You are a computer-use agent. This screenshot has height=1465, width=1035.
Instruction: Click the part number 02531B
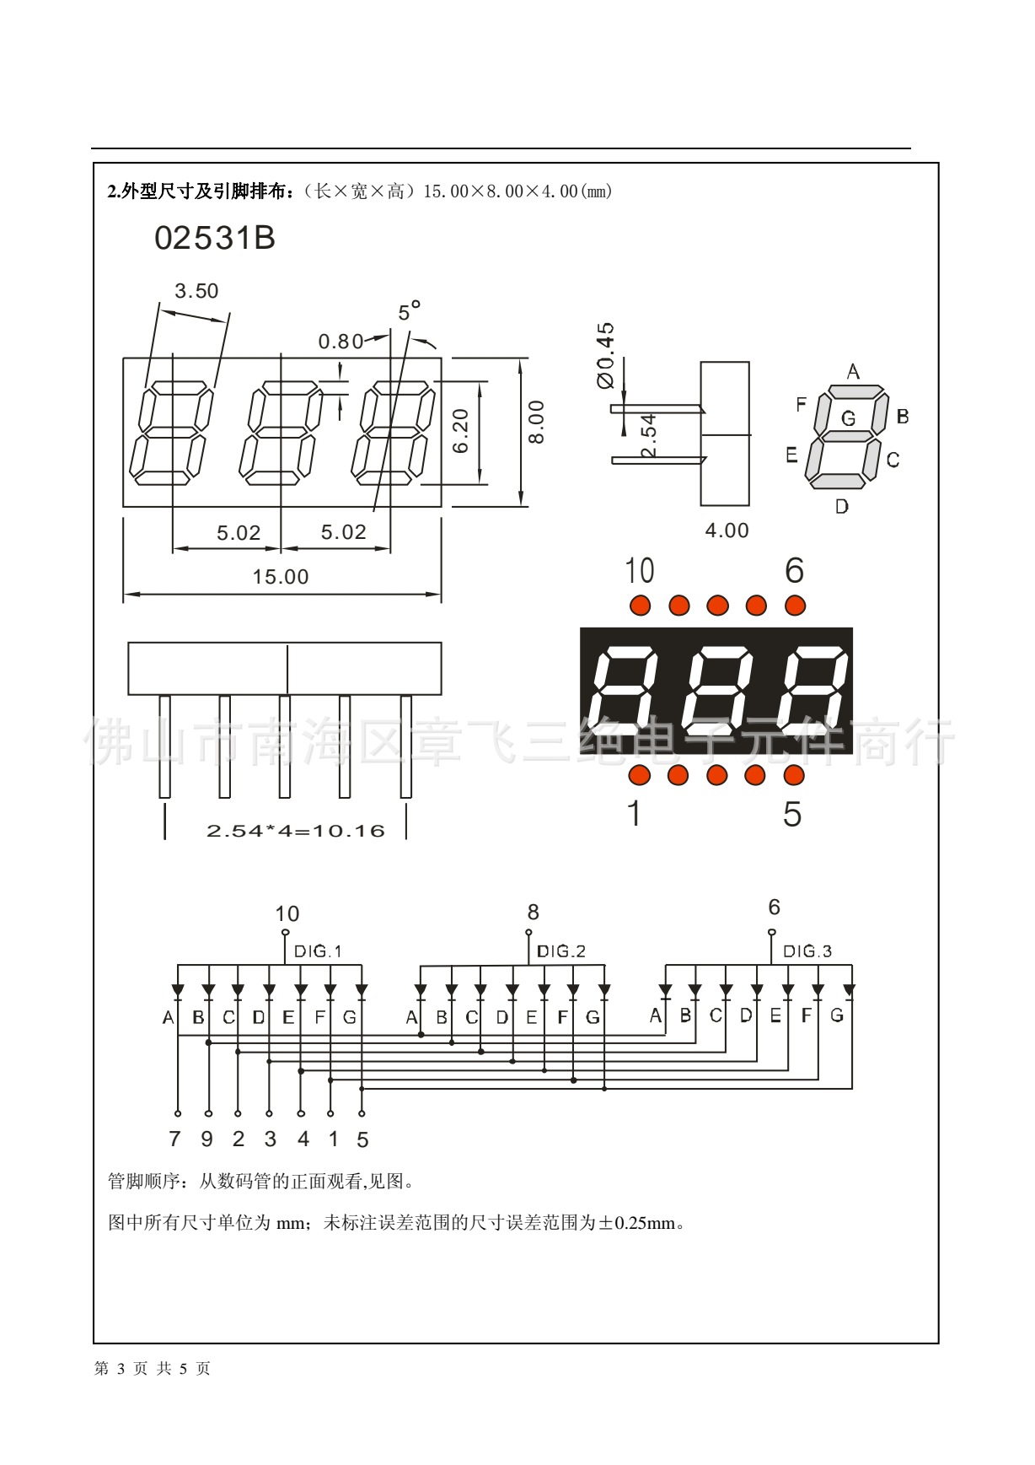[215, 239]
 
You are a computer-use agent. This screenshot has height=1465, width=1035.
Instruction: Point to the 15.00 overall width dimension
[281, 577]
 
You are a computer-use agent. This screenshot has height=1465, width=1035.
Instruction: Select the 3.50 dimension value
[196, 291]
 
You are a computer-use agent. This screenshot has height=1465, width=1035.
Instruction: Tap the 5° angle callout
[409, 312]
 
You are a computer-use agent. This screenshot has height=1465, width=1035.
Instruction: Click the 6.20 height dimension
[461, 432]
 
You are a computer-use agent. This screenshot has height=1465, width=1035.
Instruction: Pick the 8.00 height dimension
[537, 422]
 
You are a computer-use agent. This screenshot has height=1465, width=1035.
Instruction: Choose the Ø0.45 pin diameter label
[605, 355]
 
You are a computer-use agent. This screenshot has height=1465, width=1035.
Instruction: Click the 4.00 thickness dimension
[727, 531]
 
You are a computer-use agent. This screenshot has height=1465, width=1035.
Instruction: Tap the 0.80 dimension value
[341, 342]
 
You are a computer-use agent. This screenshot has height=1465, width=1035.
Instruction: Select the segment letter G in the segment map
[848, 417]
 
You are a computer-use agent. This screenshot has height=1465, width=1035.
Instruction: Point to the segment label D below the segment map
[841, 507]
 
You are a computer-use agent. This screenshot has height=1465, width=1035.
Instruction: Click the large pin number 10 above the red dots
[639, 571]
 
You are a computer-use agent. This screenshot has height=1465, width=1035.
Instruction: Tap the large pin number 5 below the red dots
[792, 814]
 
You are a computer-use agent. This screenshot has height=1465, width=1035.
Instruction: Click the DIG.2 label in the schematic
[560, 951]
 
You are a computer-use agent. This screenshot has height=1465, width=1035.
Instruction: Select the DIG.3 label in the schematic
[807, 951]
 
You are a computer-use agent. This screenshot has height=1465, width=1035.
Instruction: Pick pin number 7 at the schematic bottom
[174, 1139]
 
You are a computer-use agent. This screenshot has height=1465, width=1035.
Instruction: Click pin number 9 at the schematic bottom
[206, 1139]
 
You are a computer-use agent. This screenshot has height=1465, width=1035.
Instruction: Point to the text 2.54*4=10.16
[295, 831]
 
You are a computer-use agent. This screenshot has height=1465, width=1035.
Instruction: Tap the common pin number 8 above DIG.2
[533, 913]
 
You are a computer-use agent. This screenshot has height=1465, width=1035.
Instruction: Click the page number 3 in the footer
[120, 1369]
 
